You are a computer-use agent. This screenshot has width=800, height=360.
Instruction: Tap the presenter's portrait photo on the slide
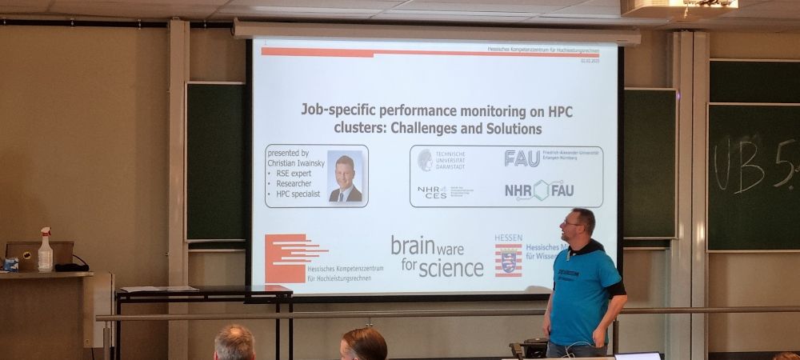[345, 178]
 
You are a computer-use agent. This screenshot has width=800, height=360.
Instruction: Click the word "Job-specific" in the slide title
[341, 110]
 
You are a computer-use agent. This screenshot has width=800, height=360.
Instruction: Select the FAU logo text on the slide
[522, 158]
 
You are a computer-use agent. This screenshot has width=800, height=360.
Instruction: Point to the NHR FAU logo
[538, 190]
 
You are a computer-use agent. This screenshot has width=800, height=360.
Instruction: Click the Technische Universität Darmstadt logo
[441, 159]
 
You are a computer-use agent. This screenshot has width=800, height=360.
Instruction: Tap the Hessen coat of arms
[508, 260]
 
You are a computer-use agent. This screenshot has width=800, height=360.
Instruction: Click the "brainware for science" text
[437, 256]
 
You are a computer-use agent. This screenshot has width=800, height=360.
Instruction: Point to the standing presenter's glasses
[574, 223]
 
